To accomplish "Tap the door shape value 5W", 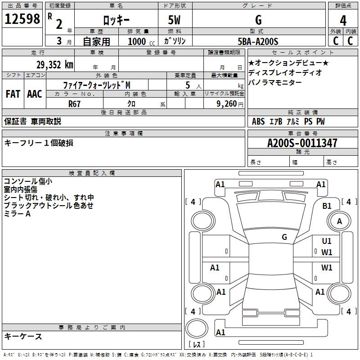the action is tap(175, 20).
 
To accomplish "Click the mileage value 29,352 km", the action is tap(54, 65).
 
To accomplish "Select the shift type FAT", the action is tap(13, 94).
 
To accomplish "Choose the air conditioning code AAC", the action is tap(35, 94).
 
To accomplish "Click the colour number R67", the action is tap(75, 104).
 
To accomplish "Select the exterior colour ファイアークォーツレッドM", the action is tap(97, 85).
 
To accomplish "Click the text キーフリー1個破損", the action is tap(39, 143).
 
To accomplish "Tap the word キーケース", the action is tap(23, 337).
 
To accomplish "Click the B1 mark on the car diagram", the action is tap(327, 206).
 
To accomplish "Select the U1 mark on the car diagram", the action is tap(327, 241).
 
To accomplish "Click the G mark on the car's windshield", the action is tap(284, 237).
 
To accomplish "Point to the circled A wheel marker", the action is tap(339, 221).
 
